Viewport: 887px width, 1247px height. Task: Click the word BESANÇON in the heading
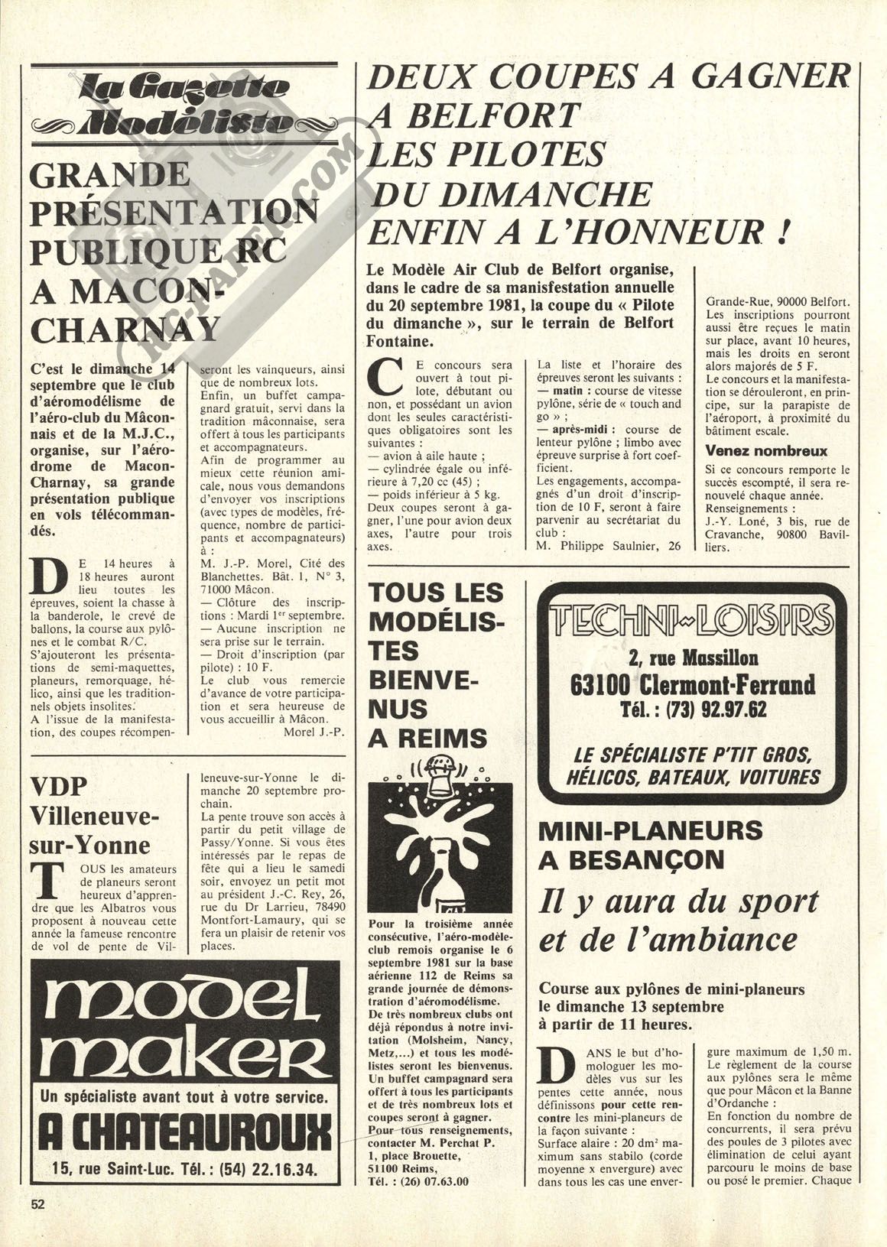coord(642,859)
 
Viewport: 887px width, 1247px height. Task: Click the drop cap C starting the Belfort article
coord(387,378)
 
